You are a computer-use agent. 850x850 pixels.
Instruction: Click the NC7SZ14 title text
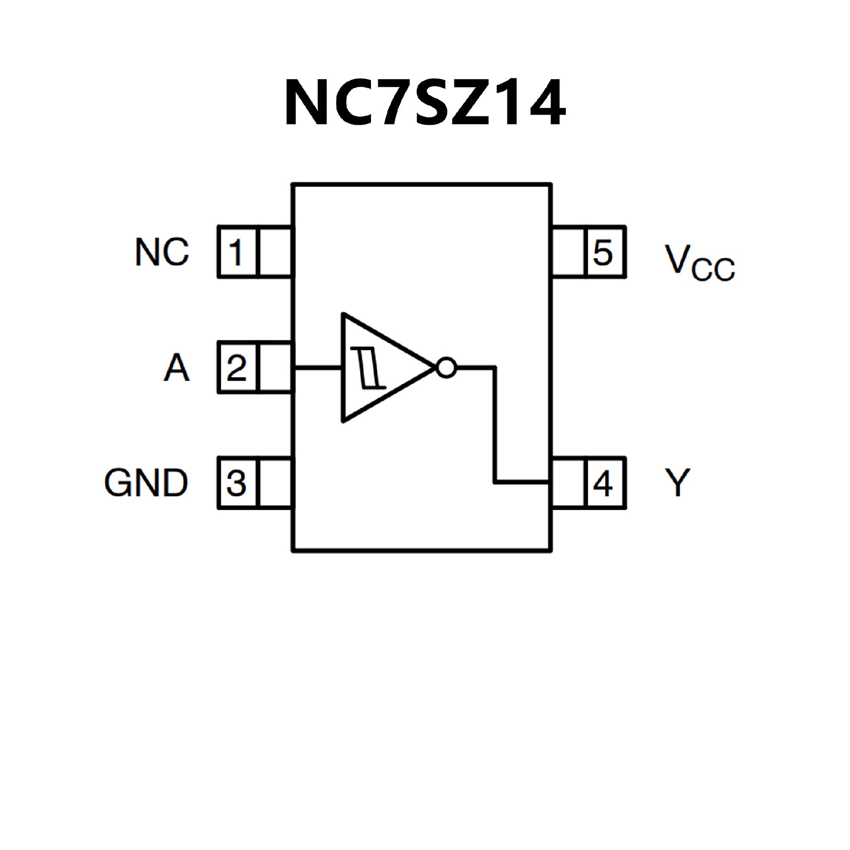click(424, 103)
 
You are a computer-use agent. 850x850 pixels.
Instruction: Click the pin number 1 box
click(237, 252)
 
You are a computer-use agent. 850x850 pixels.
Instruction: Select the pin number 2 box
click(237, 367)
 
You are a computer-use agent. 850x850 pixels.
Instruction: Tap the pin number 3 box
click(237, 483)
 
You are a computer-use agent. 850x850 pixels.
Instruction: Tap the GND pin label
click(146, 483)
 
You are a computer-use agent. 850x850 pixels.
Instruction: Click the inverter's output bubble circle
click(446, 367)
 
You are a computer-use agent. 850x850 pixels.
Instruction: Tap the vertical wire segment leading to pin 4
click(495, 425)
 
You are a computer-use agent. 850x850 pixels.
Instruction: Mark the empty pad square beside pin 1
click(275, 252)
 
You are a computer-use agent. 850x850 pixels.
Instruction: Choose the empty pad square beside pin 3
click(275, 483)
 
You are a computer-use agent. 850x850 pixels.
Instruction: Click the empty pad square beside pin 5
click(568, 252)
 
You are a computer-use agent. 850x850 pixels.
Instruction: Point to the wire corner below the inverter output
click(495, 482)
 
